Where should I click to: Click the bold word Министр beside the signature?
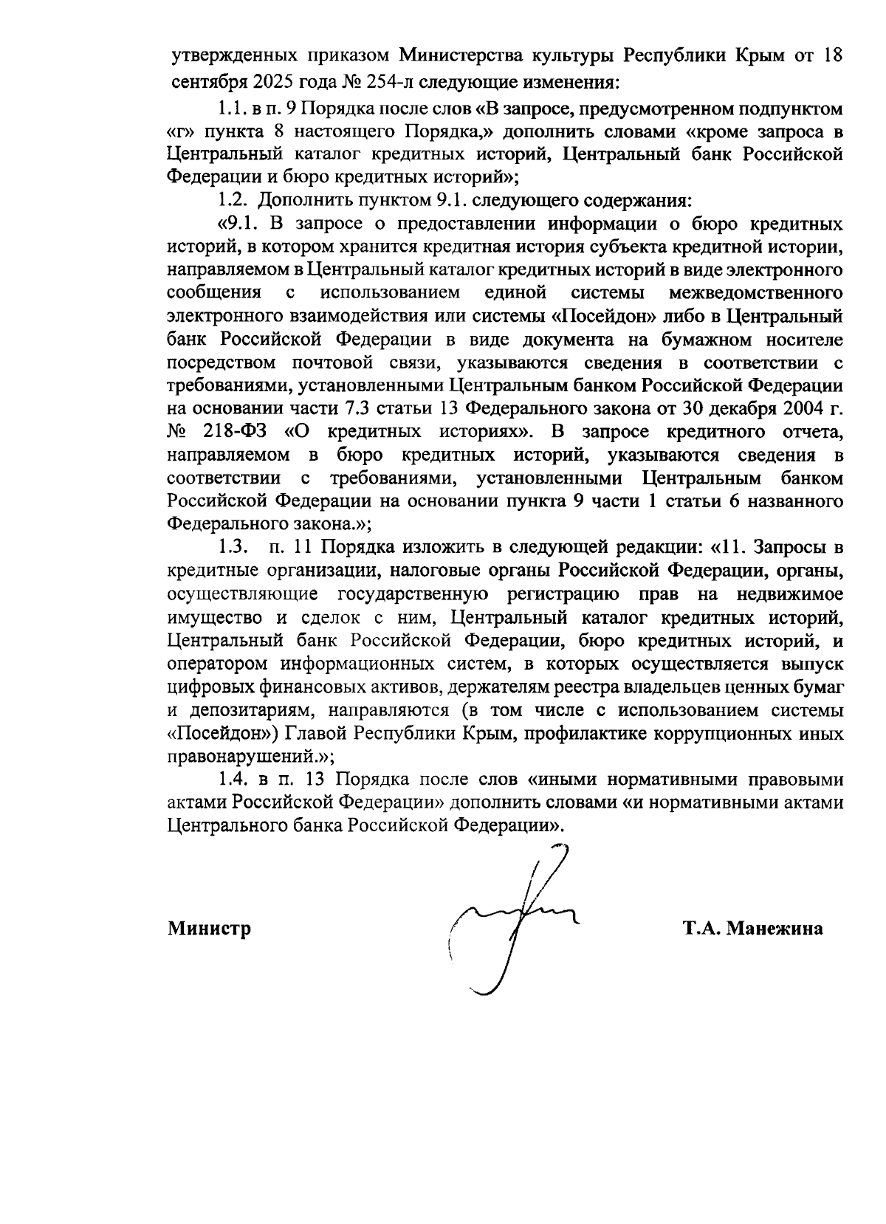pos(209,928)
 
